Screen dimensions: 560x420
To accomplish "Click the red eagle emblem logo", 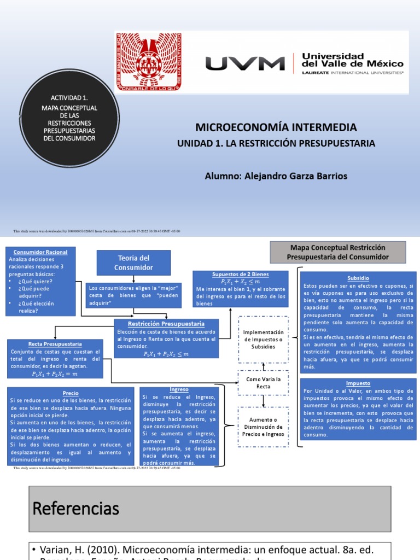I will tap(148, 61).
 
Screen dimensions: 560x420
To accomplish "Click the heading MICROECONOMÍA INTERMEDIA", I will tap(276, 127).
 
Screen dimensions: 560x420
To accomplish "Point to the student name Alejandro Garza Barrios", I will tap(276, 176).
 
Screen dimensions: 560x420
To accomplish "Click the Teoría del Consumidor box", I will tap(133, 262).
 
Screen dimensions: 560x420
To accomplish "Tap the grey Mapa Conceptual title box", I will tap(338, 252).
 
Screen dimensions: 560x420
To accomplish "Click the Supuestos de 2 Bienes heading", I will tap(240, 274).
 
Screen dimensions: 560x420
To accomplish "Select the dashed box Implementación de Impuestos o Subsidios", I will tap(264, 340).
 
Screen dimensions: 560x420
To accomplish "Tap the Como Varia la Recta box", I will tap(264, 382).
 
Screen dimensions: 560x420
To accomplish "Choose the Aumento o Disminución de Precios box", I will tap(264, 427).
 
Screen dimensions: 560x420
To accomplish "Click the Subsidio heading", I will tap(358, 278).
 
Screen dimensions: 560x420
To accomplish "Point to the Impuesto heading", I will tap(358, 383).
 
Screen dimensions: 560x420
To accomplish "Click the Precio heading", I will tap(71, 393).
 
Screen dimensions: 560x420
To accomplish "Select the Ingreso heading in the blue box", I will tap(179, 389).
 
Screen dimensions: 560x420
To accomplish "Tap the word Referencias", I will tap(76, 509).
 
